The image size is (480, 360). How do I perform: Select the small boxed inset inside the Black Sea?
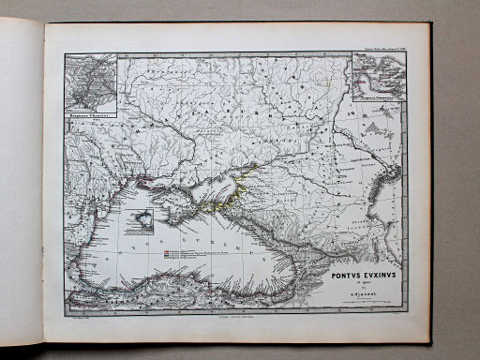click(139, 222)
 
